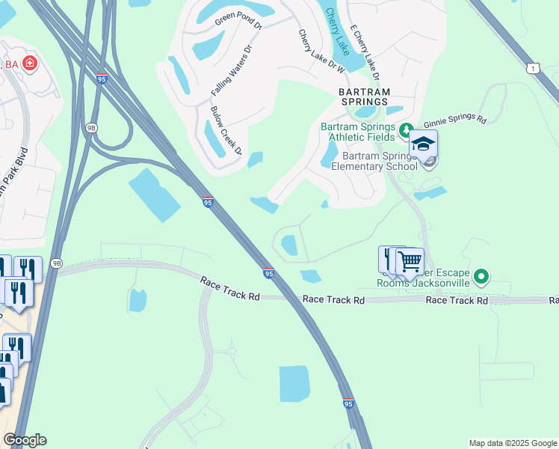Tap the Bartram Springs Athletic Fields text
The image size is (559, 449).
[x=357, y=132]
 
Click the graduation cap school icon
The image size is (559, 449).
[x=423, y=144]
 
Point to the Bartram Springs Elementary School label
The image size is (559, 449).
[x=374, y=161]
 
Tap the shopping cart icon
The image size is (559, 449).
[x=410, y=262]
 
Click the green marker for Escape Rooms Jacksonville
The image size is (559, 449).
[x=482, y=278]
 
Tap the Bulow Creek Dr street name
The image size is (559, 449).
[x=226, y=130]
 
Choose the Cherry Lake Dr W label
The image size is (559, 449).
[x=320, y=52]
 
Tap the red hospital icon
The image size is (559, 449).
[x=30, y=64]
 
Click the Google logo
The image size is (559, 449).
[x=25, y=440]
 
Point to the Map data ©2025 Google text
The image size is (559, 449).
[x=512, y=443]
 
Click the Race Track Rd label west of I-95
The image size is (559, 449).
[x=229, y=288]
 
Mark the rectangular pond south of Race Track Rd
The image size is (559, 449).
[x=294, y=384]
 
